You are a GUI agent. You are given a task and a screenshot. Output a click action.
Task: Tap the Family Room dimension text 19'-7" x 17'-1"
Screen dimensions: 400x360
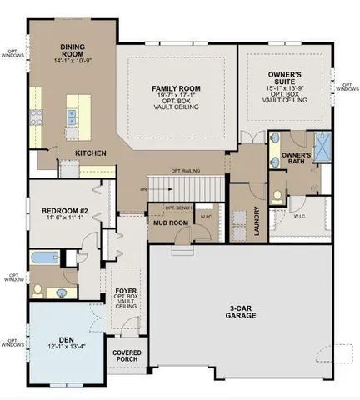(x=177, y=97)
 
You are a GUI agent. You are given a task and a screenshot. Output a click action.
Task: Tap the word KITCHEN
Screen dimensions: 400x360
(x=90, y=154)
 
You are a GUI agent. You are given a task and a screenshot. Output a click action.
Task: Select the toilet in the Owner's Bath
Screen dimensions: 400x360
(x=275, y=197)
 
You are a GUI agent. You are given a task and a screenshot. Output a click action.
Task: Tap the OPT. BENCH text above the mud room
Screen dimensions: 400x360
(x=179, y=207)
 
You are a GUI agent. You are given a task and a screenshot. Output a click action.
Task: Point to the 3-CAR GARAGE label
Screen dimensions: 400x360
(x=242, y=312)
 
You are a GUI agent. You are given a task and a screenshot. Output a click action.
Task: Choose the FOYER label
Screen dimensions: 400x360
(x=126, y=292)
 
